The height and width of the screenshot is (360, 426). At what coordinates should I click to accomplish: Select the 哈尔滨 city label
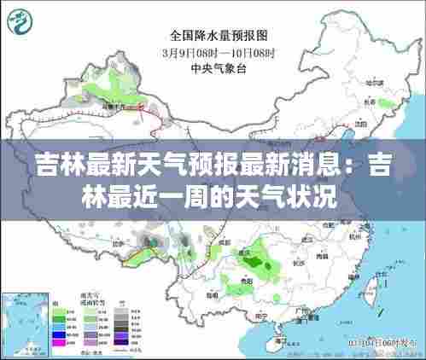pyautogui.click(x=373, y=83)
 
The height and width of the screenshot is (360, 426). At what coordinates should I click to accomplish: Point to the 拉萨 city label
pyautogui.click(x=154, y=253)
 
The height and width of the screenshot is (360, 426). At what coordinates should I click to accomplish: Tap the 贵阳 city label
pyautogui.click(x=245, y=280)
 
